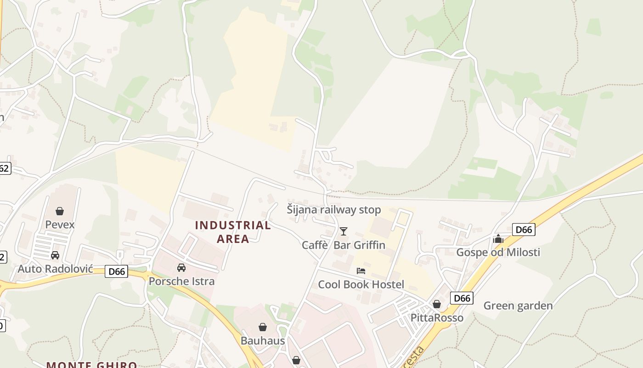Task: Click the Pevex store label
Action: [x=60, y=224]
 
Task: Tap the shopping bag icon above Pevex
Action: [x=60, y=211]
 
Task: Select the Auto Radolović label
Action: [x=55, y=269]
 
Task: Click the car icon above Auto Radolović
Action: [x=55, y=255]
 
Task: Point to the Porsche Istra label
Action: [x=181, y=281]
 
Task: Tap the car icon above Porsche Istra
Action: [x=181, y=268]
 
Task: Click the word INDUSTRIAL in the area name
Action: [x=233, y=225]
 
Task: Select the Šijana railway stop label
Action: [x=334, y=210]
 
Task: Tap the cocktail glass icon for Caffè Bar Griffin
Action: [x=343, y=231]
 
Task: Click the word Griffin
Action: [x=366, y=245]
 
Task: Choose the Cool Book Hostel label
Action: [x=361, y=284]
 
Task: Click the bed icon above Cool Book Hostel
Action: [x=361, y=271]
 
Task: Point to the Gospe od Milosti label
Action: [x=498, y=252]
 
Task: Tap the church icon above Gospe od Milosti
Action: [x=498, y=239]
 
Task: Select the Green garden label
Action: [x=518, y=305]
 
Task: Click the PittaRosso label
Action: [x=437, y=318]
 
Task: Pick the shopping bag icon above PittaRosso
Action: [x=437, y=305]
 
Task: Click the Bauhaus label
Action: [x=263, y=341]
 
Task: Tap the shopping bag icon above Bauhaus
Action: [x=263, y=327]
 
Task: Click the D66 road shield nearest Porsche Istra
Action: [x=117, y=271]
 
